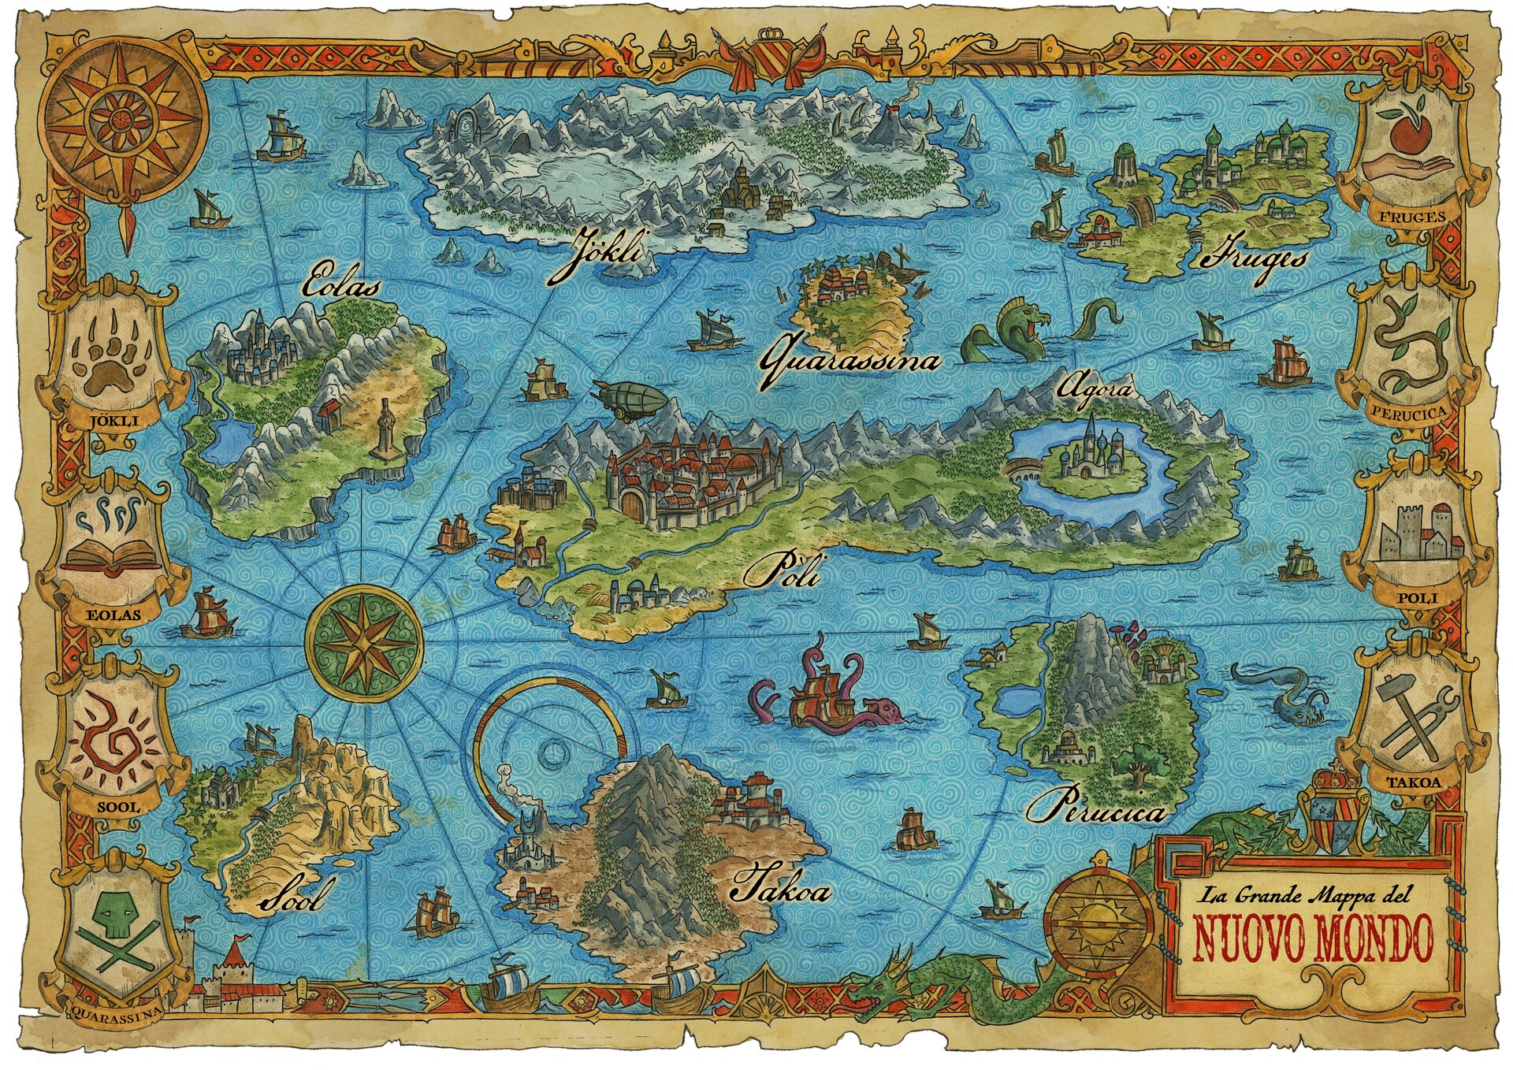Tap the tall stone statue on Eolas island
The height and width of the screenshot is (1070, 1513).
[x=385, y=429]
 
